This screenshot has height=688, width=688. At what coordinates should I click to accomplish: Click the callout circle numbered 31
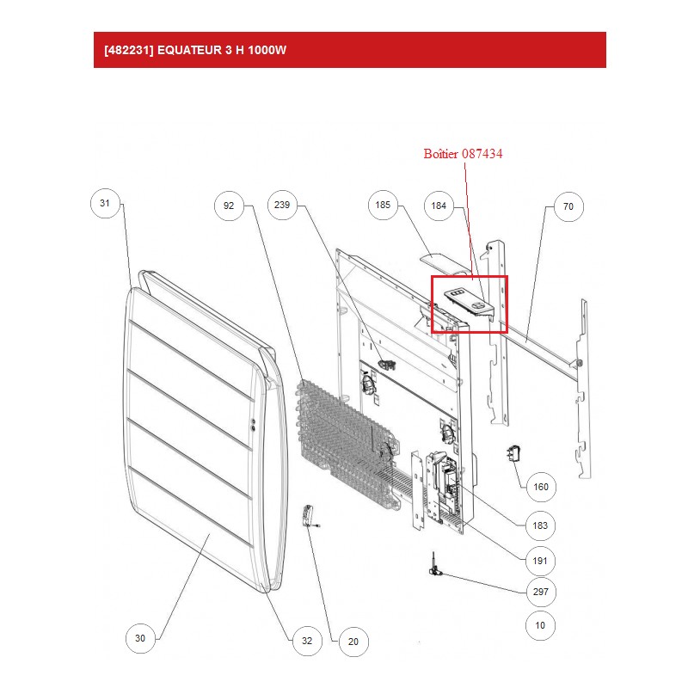(105, 203)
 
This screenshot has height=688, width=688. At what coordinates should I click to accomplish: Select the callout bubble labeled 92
(229, 206)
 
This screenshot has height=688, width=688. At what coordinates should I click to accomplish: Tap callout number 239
(282, 205)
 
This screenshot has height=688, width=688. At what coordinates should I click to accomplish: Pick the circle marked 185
(383, 205)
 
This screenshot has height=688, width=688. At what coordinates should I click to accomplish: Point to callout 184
(439, 206)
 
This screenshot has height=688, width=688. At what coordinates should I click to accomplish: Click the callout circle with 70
(568, 206)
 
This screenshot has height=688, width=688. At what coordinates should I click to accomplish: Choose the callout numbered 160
(541, 487)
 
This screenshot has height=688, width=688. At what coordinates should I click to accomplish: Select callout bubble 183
(540, 525)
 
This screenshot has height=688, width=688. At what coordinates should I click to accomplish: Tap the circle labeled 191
(540, 561)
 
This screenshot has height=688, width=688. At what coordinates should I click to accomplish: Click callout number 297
(541, 592)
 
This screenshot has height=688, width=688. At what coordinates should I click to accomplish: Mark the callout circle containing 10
(540, 625)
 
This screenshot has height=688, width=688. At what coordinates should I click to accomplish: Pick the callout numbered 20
(353, 642)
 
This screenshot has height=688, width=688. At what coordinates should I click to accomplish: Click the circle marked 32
(307, 641)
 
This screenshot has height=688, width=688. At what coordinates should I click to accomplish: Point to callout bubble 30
(140, 638)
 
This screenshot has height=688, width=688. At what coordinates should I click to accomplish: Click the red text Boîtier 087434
(463, 154)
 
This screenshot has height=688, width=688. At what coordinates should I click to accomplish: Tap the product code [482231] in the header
(129, 50)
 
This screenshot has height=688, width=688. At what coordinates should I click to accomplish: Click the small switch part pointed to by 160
(514, 454)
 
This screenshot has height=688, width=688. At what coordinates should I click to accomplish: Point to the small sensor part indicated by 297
(435, 566)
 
